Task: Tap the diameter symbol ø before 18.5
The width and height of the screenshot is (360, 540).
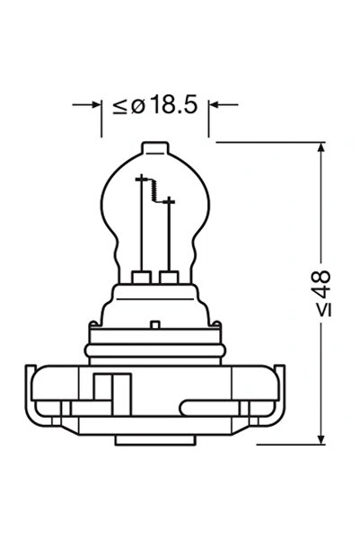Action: [x=137, y=106]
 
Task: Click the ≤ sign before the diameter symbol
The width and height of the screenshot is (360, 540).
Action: [x=120, y=107]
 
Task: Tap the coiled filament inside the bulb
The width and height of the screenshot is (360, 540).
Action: [x=158, y=190]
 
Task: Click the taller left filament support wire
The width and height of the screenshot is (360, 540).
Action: [x=140, y=225]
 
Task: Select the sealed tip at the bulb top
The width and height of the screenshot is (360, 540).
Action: [x=154, y=146]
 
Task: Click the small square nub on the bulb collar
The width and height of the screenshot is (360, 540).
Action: [x=154, y=323]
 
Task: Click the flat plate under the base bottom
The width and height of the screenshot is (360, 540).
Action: [x=154, y=440]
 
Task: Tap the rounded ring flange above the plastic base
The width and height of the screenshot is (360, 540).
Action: [x=154, y=341]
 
